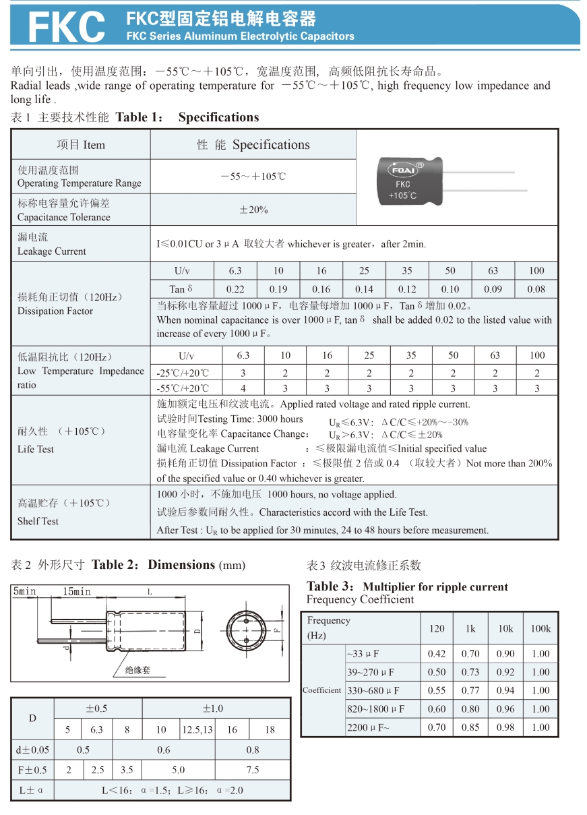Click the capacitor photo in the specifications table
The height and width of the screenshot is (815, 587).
(410, 179)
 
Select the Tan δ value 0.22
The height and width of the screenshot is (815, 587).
(235, 289)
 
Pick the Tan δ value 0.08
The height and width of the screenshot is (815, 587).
(536, 289)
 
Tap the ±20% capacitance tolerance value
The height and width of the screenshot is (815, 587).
(253, 210)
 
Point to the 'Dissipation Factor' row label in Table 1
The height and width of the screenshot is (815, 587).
(55, 311)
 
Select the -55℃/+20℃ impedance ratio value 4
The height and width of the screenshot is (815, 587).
(243, 388)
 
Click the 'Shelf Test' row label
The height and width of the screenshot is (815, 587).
(38, 521)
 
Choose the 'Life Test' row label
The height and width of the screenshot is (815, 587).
(36, 449)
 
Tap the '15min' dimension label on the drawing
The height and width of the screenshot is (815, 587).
(76, 592)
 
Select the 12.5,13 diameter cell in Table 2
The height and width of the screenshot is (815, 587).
(197, 729)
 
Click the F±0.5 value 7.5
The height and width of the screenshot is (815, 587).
(253, 770)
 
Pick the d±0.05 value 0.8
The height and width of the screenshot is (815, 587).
(253, 750)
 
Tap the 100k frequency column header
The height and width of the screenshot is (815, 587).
(540, 628)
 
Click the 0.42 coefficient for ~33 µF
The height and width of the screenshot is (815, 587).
(437, 653)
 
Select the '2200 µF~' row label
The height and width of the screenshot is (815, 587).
(368, 727)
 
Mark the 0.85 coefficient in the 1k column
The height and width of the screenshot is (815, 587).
(470, 727)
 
